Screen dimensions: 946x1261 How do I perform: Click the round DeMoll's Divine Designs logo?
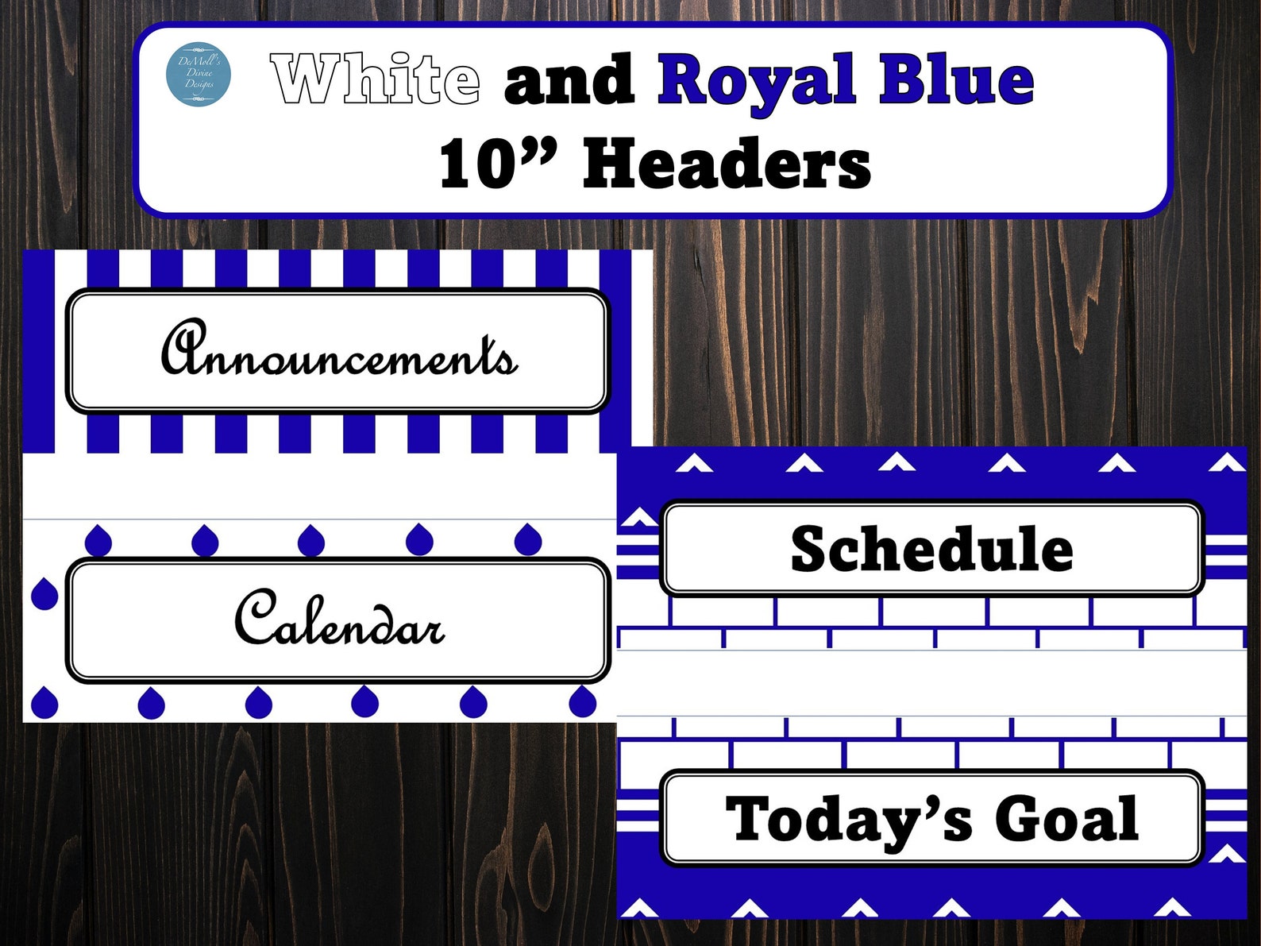coord(199,74)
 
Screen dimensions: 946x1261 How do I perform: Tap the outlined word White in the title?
coord(376,79)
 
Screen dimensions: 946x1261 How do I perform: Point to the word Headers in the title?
coord(727,164)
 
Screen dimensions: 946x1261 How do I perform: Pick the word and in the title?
coord(569,80)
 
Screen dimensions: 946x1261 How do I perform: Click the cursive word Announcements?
coord(339,350)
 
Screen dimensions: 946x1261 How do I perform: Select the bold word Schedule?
coord(931,549)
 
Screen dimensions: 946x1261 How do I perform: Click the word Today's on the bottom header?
coord(849,819)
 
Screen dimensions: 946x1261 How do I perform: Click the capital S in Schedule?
coord(812,548)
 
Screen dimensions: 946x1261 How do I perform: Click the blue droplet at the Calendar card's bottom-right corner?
coord(583,701)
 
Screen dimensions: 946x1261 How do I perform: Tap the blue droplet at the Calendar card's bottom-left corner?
coord(44,702)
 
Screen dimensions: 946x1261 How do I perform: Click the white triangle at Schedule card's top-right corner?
coord(1227,461)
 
